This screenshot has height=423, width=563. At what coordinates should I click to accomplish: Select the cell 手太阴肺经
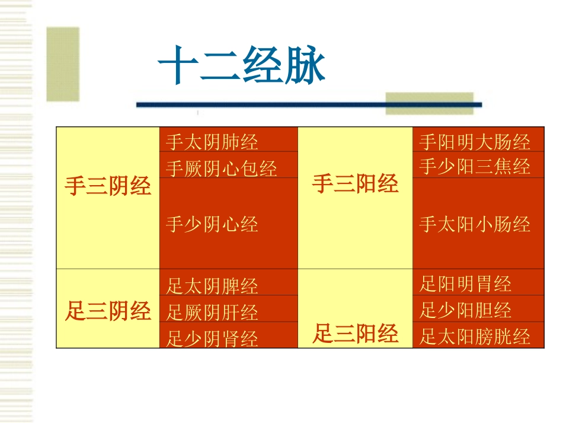[212, 142]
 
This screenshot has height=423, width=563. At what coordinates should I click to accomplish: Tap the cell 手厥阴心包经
[221, 168]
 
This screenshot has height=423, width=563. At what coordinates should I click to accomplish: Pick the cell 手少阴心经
[212, 224]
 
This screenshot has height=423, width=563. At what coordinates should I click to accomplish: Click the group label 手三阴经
[108, 186]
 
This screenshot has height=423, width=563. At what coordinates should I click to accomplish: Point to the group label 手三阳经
[355, 185]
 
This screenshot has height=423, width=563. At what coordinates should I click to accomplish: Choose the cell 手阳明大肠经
[474, 142]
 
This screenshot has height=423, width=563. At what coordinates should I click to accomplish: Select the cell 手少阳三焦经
[474, 167]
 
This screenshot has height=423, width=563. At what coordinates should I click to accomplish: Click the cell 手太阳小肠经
[474, 224]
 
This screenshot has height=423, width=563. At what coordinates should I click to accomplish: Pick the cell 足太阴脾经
[212, 286]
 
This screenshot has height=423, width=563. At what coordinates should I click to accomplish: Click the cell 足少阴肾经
[212, 339]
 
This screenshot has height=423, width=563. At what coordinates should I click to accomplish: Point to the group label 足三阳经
[355, 335]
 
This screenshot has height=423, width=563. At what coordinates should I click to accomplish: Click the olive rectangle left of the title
[63, 64]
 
